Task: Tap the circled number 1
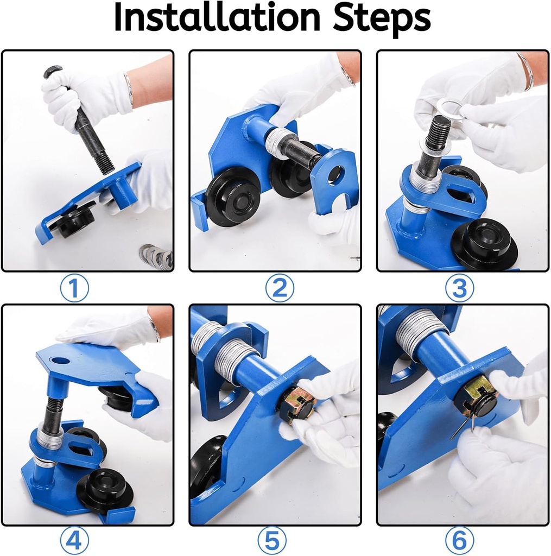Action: click(74, 288)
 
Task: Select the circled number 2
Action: click(280, 288)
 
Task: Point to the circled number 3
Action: click(459, 288)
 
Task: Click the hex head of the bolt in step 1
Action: click(53, 72)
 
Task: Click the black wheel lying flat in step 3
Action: click(484, 240)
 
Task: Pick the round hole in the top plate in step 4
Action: click(60, 361)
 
